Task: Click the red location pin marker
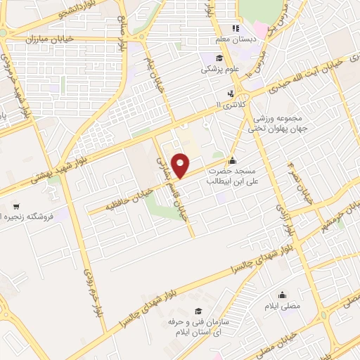pyautogui.click(x=181, y=166)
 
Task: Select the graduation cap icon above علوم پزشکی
pyautogui.click(x=219, y=58)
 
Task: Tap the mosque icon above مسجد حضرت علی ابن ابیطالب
pyautogui.click(x=233, y=160)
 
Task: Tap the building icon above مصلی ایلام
pyautogui.click(x=283, y=295)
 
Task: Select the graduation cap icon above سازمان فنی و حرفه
pyautogui.click(x=199, y=311)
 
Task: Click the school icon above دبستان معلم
pyautogui.click(x=237, y=29)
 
